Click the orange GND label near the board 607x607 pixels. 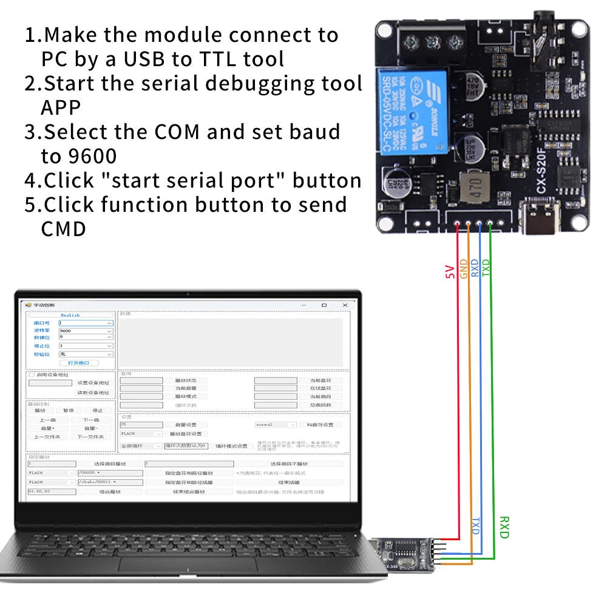(464, 269)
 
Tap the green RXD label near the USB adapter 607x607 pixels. (503, 527)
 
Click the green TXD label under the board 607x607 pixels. (486, 268)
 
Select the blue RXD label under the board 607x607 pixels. (475, 268)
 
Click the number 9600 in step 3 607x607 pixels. (78, 156)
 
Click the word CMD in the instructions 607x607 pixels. (63, 229)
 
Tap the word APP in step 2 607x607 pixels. (61, 107)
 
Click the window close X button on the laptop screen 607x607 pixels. (345, 305)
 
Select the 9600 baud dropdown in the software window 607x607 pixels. (85, 330)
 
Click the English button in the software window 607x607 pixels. (70, 315)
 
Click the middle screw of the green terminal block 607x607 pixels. (432, 42)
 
